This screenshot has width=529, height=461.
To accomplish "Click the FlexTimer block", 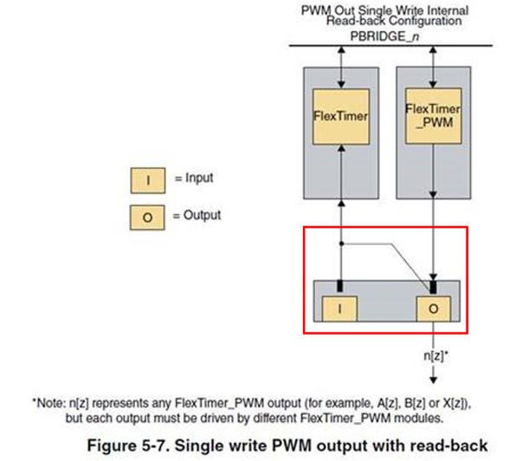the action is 341,117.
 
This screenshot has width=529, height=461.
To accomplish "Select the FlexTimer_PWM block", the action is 433,116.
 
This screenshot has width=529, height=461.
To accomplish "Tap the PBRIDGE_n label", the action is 384,36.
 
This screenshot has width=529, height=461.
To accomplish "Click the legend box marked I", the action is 148,181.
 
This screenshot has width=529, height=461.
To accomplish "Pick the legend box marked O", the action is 147,218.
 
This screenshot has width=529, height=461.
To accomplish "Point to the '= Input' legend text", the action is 194,178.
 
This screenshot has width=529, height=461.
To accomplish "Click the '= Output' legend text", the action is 197,215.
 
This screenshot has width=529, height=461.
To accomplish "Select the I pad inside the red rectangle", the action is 339,309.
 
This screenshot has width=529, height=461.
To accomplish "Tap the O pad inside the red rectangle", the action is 434,309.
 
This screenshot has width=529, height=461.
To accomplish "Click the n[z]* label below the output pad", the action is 435,355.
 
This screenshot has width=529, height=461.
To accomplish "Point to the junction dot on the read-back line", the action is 341,243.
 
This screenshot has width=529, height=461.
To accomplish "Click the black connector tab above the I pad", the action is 340,285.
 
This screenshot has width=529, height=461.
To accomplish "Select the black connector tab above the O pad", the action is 434,287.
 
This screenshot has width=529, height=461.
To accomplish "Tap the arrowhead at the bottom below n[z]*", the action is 434,380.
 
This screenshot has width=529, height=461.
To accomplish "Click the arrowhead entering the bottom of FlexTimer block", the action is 341,148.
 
